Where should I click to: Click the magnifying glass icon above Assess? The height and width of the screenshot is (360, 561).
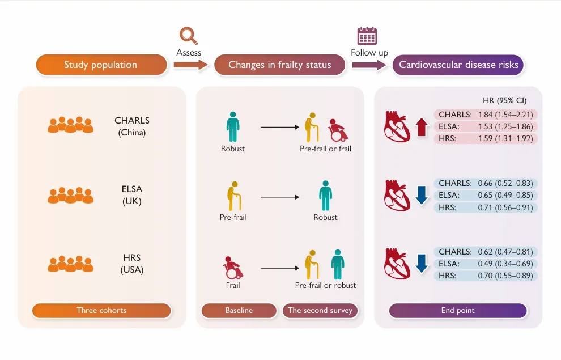(188, 36)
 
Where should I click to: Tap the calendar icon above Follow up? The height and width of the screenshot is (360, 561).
(367, 36)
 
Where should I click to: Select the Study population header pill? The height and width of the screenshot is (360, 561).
(101, 65)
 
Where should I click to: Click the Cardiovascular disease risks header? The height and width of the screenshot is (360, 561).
(458, 65)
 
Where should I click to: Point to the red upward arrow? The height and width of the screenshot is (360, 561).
(422, 127)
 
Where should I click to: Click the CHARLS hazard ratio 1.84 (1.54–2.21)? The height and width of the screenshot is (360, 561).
(505, 115)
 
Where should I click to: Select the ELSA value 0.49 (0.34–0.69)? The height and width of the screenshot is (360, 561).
(505, 264)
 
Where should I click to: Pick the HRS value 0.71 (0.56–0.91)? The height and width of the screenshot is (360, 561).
(505, 207)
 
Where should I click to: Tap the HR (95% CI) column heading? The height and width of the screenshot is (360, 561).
(504, 100)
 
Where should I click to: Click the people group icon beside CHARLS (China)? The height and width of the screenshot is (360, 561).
(70, 125)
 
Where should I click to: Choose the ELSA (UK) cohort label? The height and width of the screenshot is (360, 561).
(132, 195)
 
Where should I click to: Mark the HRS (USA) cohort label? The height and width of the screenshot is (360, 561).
(132, 264)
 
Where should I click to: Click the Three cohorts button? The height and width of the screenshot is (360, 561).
(101, 310)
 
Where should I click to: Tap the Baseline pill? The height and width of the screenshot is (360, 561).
(239, 310)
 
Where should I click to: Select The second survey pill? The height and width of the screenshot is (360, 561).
(320, 310)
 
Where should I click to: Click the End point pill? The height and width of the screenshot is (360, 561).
(458, 310)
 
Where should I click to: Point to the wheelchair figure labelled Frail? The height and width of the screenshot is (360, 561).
(233, 268)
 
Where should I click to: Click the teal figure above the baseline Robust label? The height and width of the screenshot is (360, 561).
(233, 126)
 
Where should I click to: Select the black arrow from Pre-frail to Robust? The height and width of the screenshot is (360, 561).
(280, 197)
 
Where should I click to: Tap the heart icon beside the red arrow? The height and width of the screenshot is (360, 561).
(397, 126)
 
